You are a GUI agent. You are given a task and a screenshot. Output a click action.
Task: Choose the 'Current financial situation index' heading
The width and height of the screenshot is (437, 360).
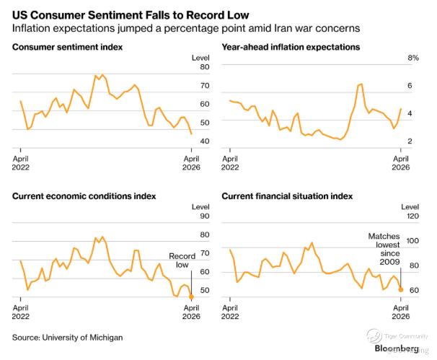(287, 196)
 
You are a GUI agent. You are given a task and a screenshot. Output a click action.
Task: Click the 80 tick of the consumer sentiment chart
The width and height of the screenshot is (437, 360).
(205, 67)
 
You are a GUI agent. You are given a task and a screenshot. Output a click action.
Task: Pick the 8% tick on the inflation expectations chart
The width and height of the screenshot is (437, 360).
(413, 58)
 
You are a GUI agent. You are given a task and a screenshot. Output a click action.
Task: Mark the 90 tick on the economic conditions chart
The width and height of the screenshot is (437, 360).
(205, 216)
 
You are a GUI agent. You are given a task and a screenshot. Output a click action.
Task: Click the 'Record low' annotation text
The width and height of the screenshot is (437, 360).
(182, 260)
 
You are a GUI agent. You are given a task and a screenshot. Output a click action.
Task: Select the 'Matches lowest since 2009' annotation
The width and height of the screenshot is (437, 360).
(384, 250)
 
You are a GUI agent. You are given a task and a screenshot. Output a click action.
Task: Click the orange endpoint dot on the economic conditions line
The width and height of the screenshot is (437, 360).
(191, 297)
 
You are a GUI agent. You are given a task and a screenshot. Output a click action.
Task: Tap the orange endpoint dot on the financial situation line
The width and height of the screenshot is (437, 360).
(401, 289)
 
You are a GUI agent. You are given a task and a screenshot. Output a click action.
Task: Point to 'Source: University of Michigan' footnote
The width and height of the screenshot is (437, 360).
(68, 337)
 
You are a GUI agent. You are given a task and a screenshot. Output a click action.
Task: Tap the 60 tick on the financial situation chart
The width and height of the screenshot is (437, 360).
(413, 290)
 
